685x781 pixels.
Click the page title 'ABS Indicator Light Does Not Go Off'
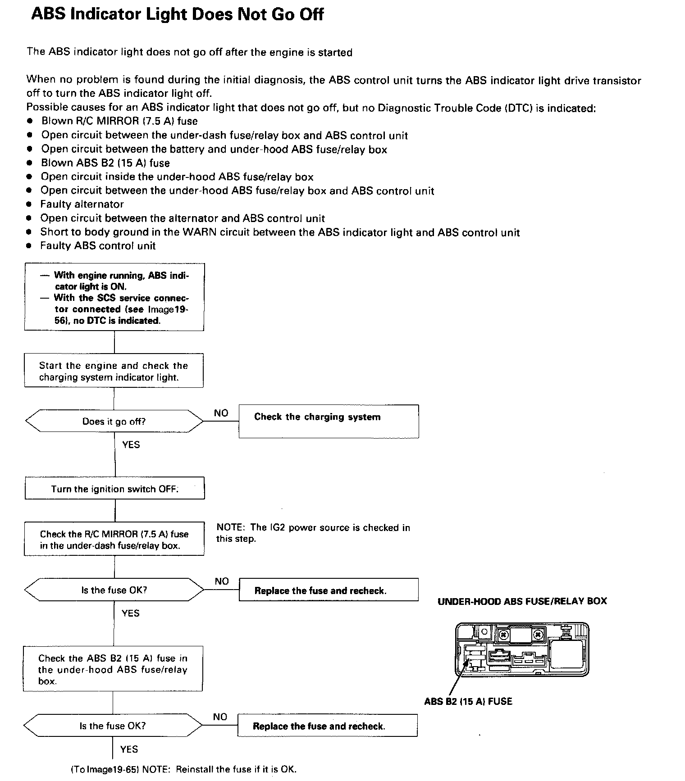click(x=177, y=14)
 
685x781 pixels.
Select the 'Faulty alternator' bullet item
click(x=82, y=204)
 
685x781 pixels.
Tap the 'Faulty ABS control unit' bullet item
click(x=98, y=246)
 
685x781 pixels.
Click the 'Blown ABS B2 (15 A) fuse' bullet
click(x=105, y=163)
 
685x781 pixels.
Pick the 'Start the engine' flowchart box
click(x=114, y=371)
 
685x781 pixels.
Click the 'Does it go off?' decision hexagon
click(x=114, y=422)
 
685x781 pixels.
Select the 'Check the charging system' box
click(x=328, y=421)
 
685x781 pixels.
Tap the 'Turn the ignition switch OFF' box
click(x=114, y=489)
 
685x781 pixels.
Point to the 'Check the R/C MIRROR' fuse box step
click(x=114, y=540)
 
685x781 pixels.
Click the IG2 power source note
click(x=313, y=533)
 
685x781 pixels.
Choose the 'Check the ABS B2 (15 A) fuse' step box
click(x=113, y=669)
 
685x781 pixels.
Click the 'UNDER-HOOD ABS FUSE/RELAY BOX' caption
click(x=522, y=601)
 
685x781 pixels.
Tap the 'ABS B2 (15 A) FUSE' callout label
click(x=468, y=701)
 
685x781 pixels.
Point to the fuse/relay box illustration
click(x=522, y=649)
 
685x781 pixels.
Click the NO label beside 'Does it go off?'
click(x=221, y=413)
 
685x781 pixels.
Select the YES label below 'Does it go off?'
click(x=131, y=445)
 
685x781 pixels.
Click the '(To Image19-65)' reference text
click(x=105, y=769)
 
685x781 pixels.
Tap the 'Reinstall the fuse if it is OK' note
click(x=219, y=769)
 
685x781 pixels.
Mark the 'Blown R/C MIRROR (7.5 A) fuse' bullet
click(x=119, y=121)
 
